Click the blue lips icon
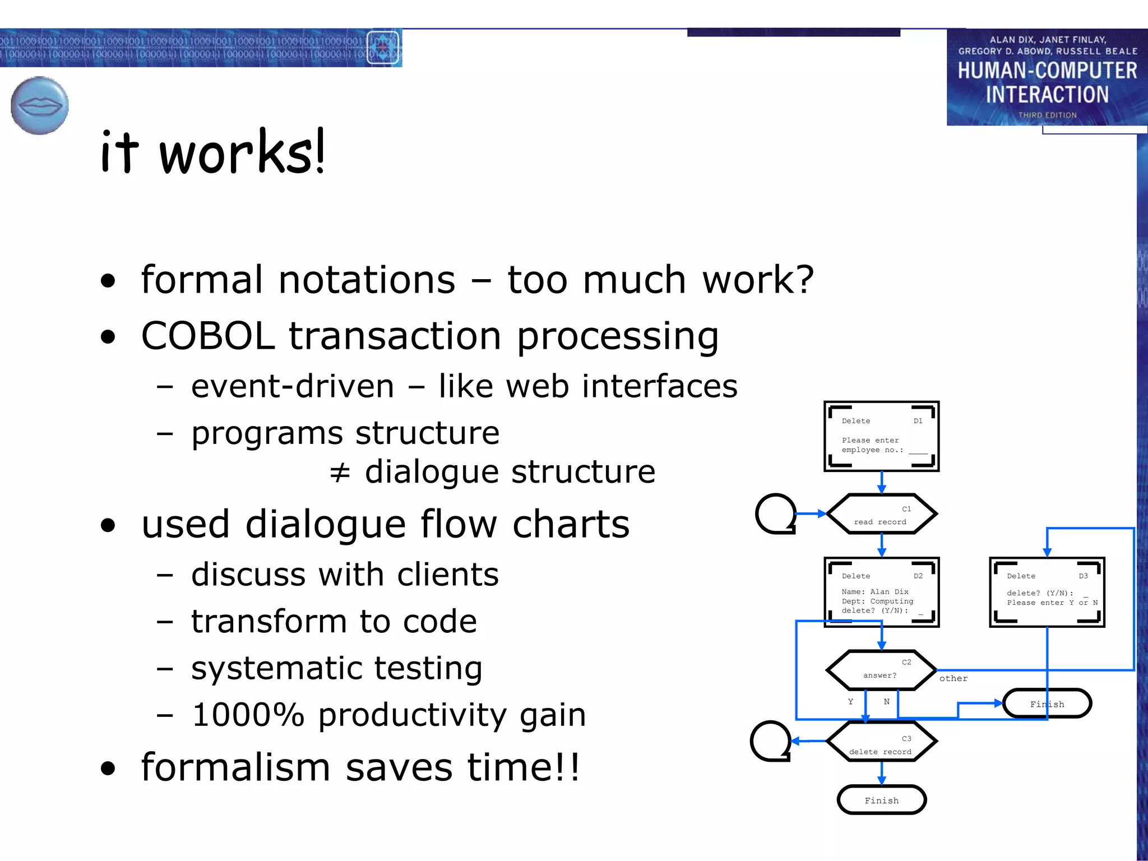[x=39, y=105]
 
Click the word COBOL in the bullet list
[x=207, y=336]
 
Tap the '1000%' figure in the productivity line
[x=248, y=715]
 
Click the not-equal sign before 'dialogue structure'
[x=340, y=473]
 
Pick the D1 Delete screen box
[x=881, y=436]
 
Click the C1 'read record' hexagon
[x=881, y=513]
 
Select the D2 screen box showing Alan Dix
[x=881, y=592]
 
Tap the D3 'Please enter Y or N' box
[x=1047, y=592]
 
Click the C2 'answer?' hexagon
[x=881, y=670]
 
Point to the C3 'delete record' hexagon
[x=881, y=742]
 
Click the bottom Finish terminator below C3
[x=881, y=800]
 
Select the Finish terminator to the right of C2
[x=1047, y=703]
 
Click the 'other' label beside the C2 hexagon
[x=953, y=678]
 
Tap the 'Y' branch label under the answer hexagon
[x=850, y=701]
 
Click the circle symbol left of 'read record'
[x=776, y=513]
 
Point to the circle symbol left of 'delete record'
[x=771, y=741]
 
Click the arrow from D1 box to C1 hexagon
[x=881, y=482]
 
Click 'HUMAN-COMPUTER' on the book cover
[x=1047, y=71]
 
